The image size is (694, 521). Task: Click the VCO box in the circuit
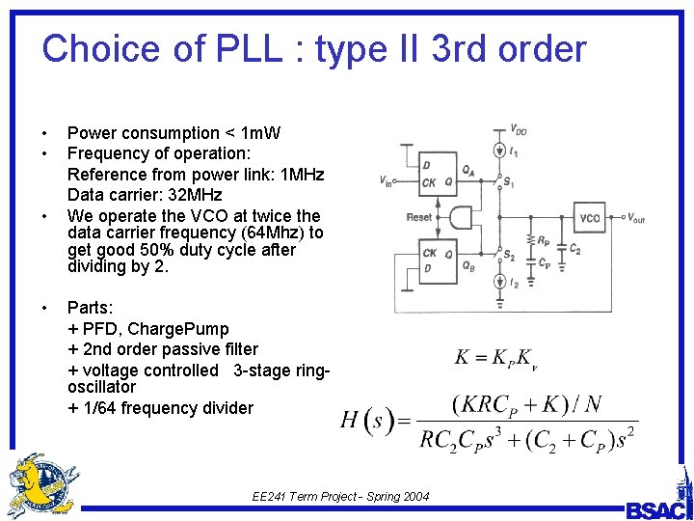click(590, 217)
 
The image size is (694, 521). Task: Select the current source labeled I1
click(499, 151)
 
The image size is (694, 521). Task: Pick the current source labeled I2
click(499, 282)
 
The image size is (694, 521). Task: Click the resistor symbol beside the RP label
click(531, 241)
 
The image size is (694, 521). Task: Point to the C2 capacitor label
click(574, 249)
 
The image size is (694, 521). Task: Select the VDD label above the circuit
click(518, 130)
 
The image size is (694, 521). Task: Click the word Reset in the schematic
click(418, 217)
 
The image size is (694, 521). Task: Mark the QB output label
click(467, 267)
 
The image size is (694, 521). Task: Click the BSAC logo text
click(657, 509)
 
